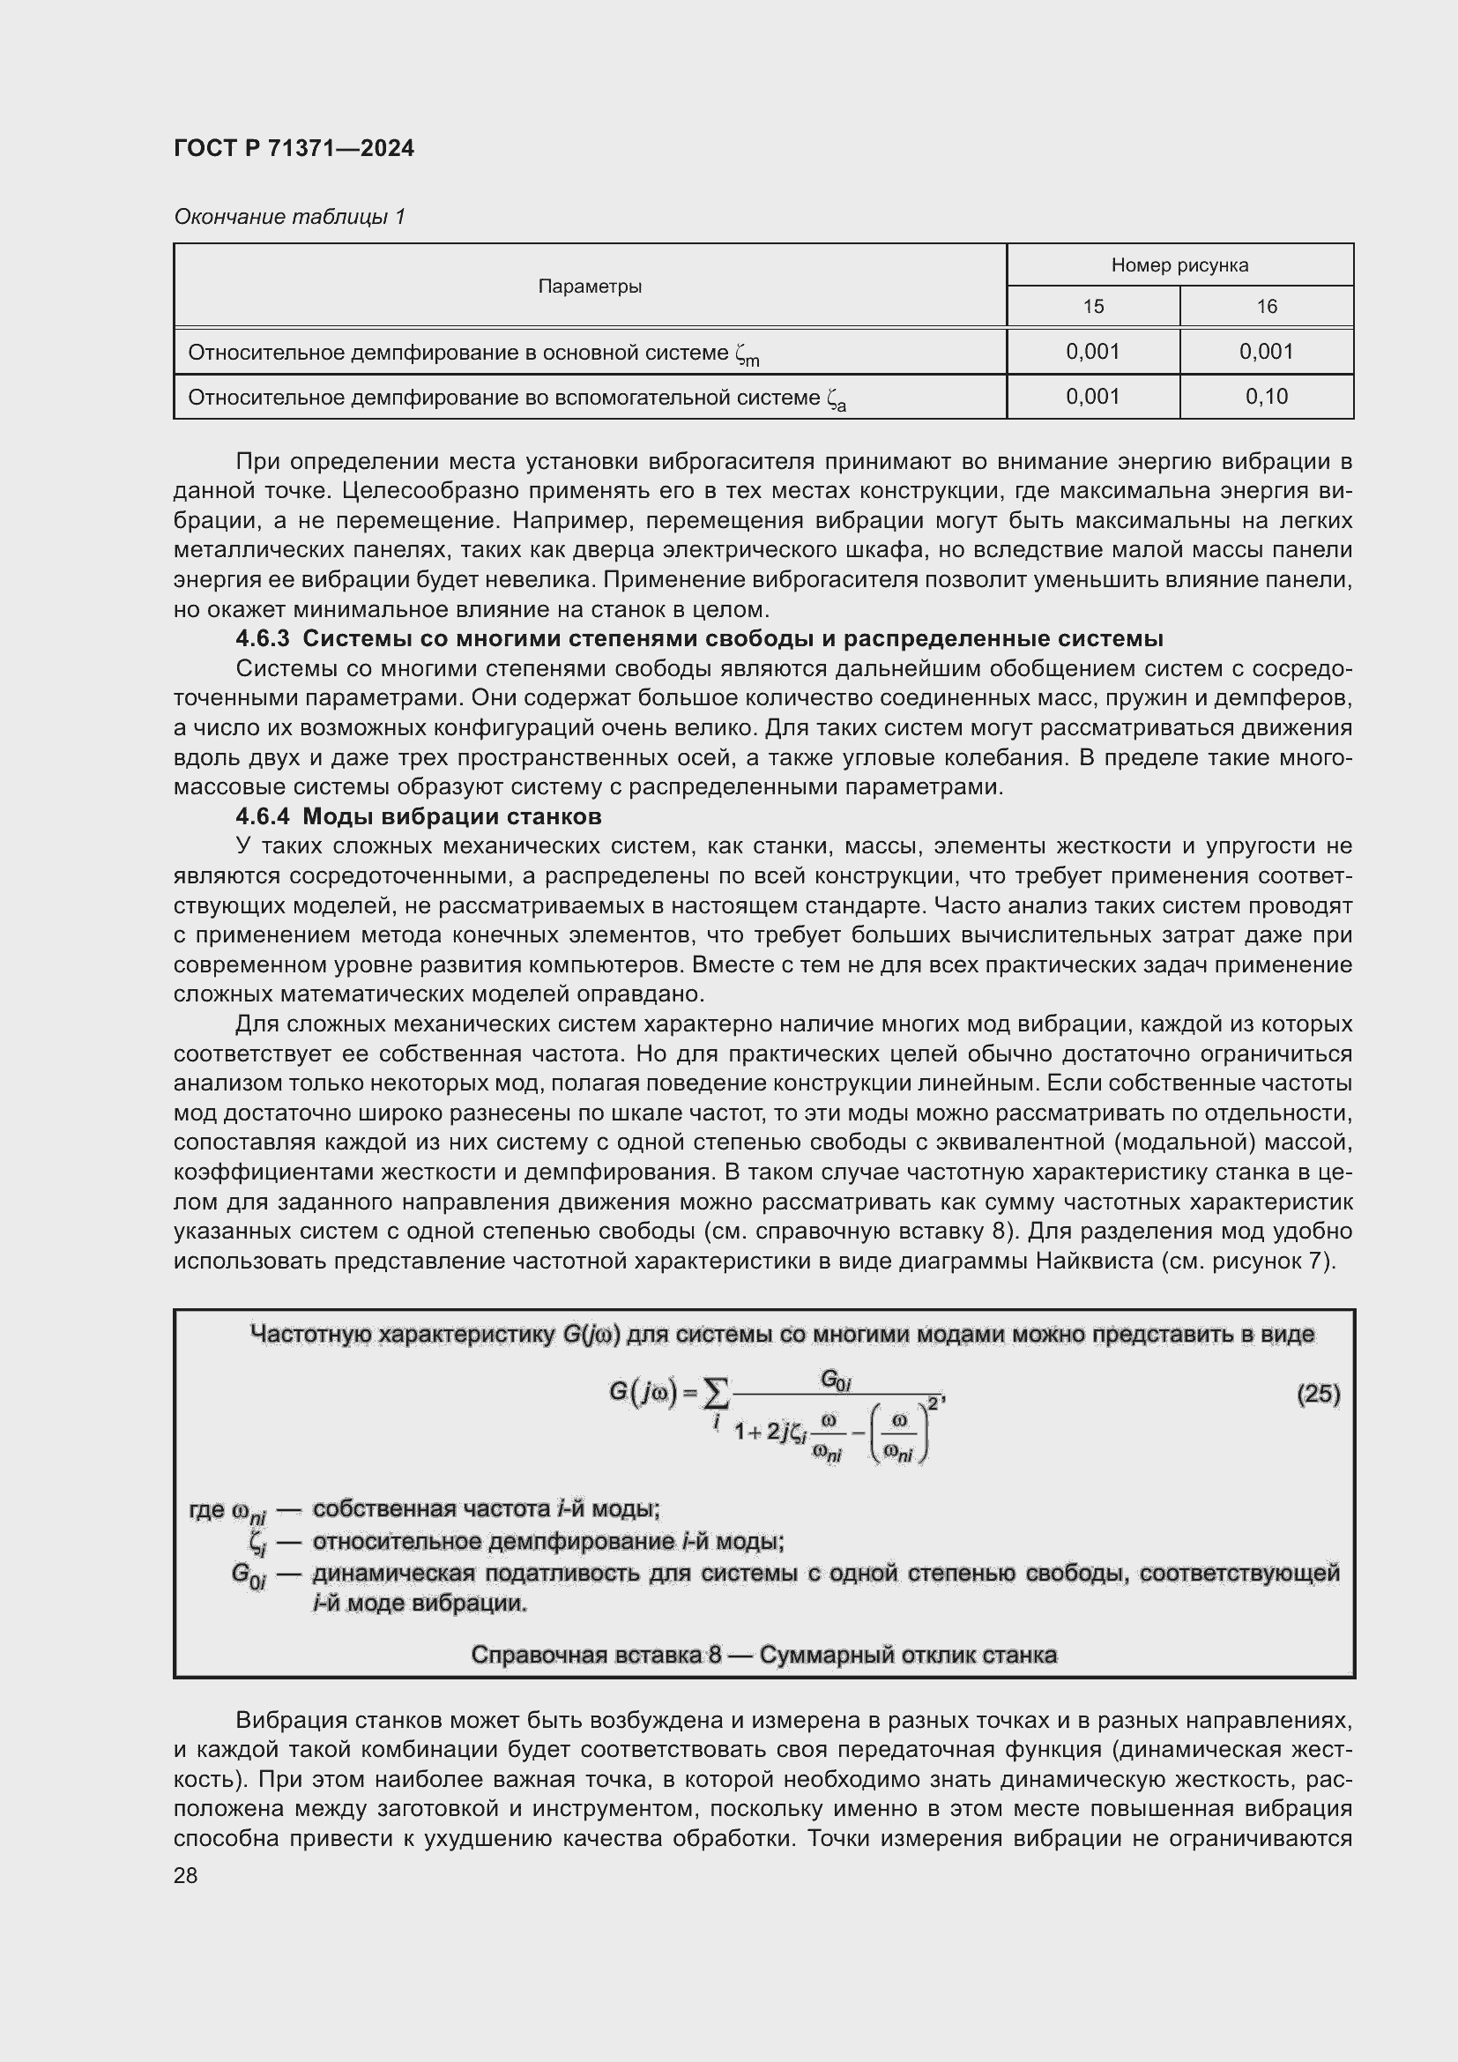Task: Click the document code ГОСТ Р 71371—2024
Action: click(x=294, y=149)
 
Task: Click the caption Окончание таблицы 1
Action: click(x=289, y=217)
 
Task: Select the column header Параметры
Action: click(x=589, y=287)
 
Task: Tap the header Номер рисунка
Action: click(x=1179, y=265)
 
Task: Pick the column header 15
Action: click(x=1092, y=306)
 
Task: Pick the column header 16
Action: click(x=1266, y=306)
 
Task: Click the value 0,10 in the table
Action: click(x=1266, y=396)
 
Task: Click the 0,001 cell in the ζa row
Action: click(x=1092, y=396)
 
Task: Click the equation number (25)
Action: click(x=1318, y=1394)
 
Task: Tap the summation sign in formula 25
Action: click(x=716, y=1396)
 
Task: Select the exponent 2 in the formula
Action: click(x=933, y=1403)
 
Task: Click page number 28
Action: click(x=185, y=1875)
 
